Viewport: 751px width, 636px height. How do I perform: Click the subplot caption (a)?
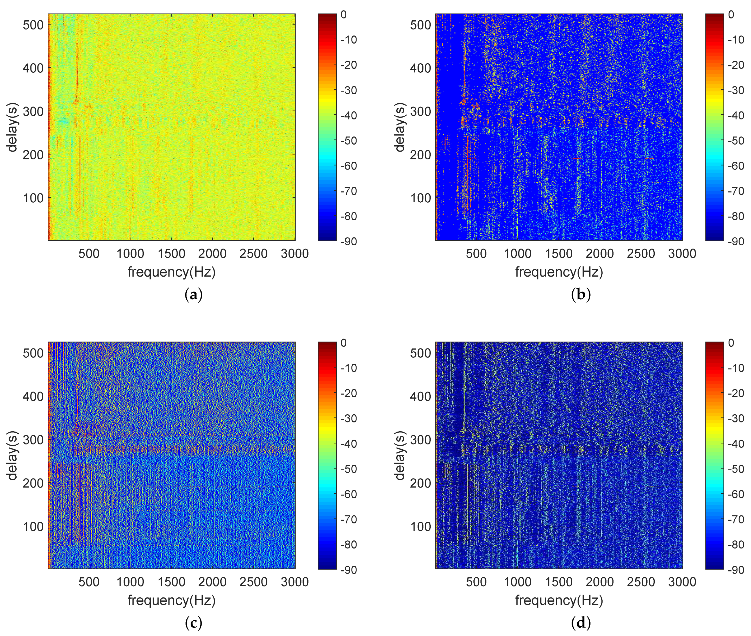[193, 295]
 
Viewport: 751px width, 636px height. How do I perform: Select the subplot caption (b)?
[581, 295]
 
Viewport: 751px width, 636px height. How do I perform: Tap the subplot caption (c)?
[193, 623]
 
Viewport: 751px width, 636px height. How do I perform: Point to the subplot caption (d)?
[581, 623]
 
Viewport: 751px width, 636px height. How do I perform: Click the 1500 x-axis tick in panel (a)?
[171, 253]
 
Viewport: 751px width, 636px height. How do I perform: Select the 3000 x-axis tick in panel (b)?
[682, 253]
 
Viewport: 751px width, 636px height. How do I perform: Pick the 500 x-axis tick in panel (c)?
[89, 582]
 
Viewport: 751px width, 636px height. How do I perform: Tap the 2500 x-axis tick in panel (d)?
[641, 582]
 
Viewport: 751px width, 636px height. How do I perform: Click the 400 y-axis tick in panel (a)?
[33, 68]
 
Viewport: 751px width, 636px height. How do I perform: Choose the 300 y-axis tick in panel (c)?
[33, 440]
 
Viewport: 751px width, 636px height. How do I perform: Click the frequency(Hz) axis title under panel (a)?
[172, 272]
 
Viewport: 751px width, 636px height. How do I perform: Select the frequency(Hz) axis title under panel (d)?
[559, 600]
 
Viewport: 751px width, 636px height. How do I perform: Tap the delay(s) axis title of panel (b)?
[400, 127]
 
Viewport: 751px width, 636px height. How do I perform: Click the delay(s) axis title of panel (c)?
[12, 455]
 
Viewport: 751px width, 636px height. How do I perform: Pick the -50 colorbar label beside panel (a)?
[349, 141]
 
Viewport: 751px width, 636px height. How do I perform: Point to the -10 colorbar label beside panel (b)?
[736, 40]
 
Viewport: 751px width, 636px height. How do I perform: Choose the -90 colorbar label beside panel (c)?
[349, 570]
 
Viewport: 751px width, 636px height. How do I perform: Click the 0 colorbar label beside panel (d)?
[731, 343]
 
